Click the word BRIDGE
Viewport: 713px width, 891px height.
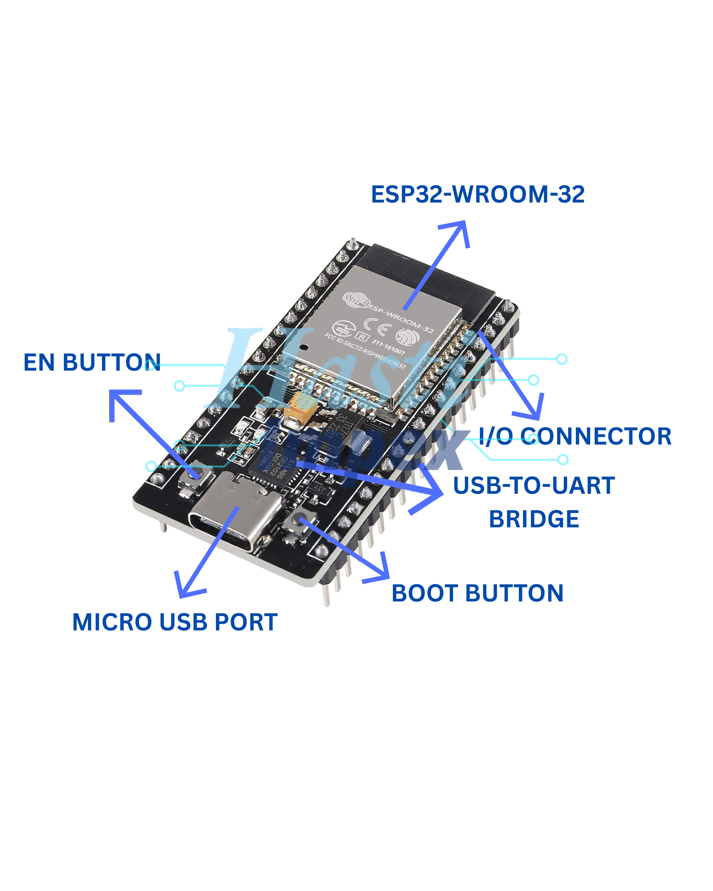coord(534,520)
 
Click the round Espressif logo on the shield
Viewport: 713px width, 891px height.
coord(407,337)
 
